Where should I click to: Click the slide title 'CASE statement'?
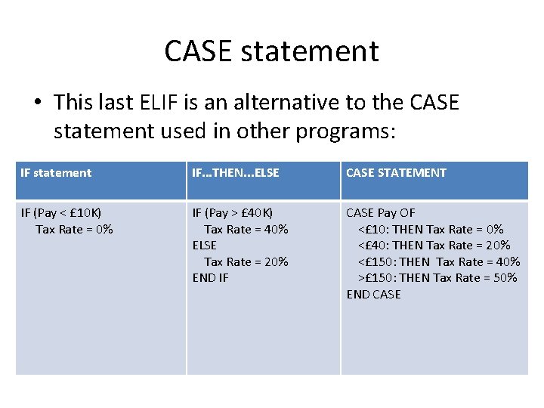271,51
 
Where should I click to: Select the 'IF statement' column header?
56,173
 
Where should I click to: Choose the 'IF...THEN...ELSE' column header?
236,173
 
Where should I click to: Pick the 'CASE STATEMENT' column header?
396,173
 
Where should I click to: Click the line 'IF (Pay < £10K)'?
61,213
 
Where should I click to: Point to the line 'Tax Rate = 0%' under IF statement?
74,229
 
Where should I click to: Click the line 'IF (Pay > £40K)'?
233,213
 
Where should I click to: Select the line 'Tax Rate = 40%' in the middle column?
246,229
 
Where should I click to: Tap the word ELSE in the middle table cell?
205,246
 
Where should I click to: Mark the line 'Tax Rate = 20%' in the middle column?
246,261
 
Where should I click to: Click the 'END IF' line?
211,278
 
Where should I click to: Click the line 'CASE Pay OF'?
381,213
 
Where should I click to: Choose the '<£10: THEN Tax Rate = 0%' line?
431,229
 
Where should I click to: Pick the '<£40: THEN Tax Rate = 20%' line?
434,246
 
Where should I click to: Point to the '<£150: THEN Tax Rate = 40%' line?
439,261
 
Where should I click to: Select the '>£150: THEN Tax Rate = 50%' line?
437,278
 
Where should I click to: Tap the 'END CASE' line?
374,295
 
